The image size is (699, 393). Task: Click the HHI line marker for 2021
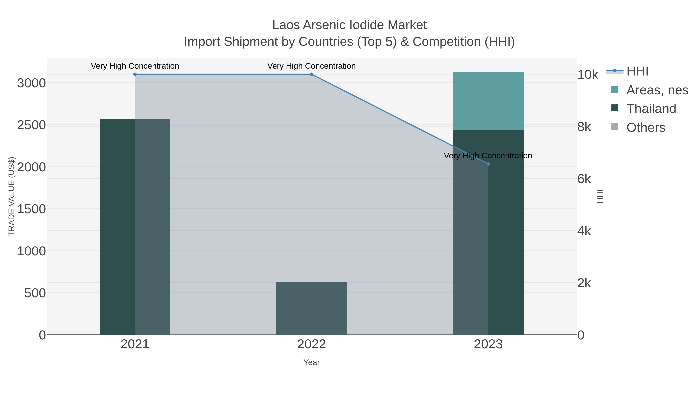(135, 74)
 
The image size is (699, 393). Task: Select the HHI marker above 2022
(311, 74)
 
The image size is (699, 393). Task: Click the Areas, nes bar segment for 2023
(488, 101)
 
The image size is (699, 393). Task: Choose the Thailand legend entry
(651, 108)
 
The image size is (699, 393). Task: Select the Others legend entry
(646, 127)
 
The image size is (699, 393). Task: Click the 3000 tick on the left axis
(31, 83)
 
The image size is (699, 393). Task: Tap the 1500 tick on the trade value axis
(31, 209)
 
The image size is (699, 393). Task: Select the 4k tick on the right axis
(584, 231)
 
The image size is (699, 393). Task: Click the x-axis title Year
(311, 362)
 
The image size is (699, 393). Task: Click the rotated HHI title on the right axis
(600, 196)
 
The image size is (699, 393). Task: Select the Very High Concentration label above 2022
(311, 66)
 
